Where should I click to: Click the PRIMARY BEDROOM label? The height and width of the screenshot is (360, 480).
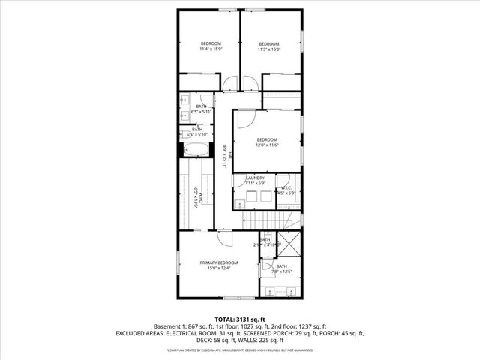pyautogui.click(x=218, y=262)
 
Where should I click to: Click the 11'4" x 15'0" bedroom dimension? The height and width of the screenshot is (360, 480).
pyautogui.click(x=208, y=50)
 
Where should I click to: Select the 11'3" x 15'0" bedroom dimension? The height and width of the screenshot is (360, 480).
pyautogui.click(x=268, y=50)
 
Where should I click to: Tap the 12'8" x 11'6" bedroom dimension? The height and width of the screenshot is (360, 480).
pyautogui.click(x=267, y=145)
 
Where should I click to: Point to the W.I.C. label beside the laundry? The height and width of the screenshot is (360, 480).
pyautogui.click(x=287, y=187)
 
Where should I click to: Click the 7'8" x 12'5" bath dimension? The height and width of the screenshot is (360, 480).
pyautogui.click(x=281, y=271)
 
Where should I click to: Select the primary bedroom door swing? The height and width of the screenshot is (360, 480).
pyautogui.click(x=223, y=238)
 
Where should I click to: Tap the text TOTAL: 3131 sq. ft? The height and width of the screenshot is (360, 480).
pyautogui.click(x=239, y=319)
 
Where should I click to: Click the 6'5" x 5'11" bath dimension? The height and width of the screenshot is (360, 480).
pyautogui.click(x=201, y=112)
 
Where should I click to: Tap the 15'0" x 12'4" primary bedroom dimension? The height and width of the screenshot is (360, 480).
pyautogui.click(x=218, y=268)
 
